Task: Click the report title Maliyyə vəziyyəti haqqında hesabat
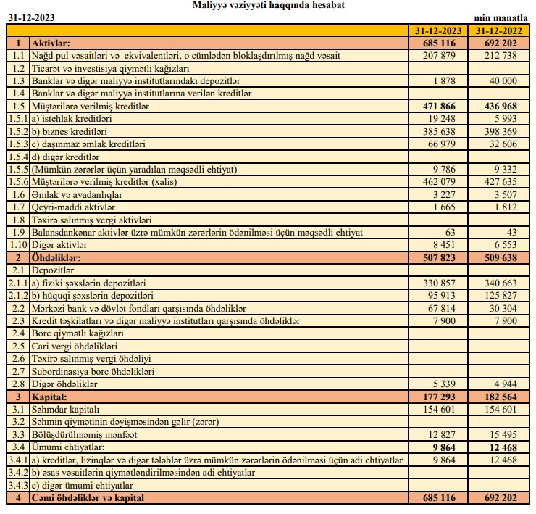coord(269,6)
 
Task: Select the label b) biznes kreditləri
coord(70,131)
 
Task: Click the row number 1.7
coord(19,207)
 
